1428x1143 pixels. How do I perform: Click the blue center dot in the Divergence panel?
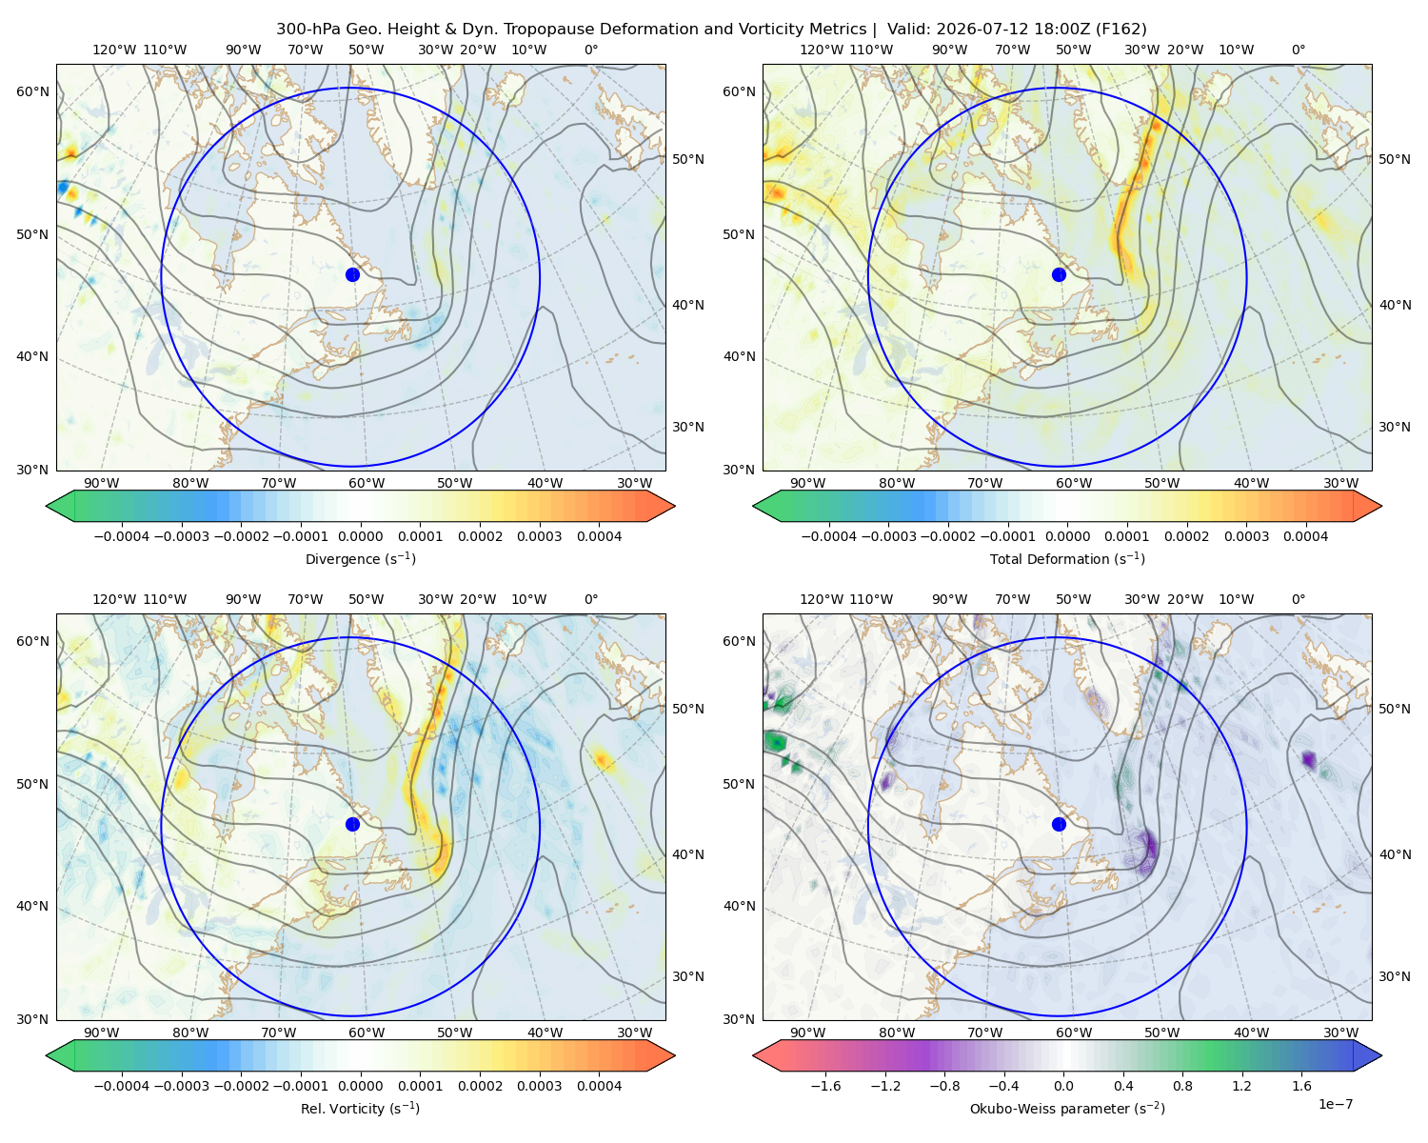(352, 274)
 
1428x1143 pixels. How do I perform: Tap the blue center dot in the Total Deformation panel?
(1059, 274)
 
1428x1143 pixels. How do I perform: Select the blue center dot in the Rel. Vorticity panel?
(352, 824)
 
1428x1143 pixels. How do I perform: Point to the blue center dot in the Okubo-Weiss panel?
(1059, 824)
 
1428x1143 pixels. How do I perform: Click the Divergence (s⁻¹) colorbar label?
(360, 558)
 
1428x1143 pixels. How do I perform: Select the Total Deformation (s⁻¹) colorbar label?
(1067, 558)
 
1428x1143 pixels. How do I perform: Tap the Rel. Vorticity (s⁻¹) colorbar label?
(360, 1108)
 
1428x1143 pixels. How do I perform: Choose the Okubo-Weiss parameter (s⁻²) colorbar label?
(1067, 1108)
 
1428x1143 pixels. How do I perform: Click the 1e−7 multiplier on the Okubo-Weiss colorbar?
(1335, 1104)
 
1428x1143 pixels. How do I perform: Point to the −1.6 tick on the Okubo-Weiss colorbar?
(825, 1086)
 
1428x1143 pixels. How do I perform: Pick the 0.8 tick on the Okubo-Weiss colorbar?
(1182, 1086)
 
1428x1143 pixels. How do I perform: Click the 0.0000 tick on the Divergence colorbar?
(360, 536)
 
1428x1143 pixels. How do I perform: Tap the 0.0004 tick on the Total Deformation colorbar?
(1305, 536)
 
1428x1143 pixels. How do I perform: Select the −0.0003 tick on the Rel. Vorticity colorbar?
(181, 1086)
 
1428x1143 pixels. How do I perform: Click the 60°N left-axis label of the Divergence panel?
(32, 91)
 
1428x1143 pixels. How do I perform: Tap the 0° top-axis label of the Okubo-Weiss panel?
(1299, 599)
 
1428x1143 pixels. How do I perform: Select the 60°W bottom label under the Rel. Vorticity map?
(367, 1033)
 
